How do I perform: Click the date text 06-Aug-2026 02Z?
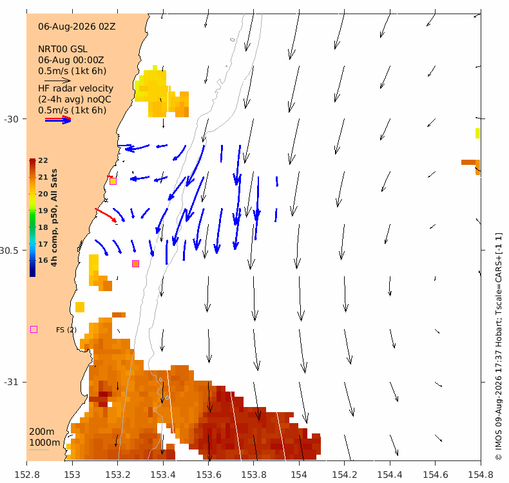tap(77, 26)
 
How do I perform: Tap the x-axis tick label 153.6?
tap(208, 475)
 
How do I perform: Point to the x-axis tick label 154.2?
tap(345, 475)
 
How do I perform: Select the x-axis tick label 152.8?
tap(27, 475)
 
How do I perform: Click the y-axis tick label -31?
tap(11, 382)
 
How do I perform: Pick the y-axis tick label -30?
tap(11, 119)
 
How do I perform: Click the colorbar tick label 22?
tap(43, 160)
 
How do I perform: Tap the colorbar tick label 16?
tap(43, 260)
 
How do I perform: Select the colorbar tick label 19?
tap(43, 211)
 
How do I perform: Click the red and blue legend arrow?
tap(58, 120)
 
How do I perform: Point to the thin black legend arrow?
tap(57, 80)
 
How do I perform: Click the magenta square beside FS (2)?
tap(34, 330)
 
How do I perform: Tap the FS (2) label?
tap(66, 330)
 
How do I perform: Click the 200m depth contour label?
tap(41, 431)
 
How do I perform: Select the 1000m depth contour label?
tap(44, 442)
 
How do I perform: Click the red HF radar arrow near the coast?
tap(106, 215)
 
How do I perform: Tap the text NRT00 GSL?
tap(62, 50)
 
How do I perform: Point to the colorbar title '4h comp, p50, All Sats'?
tap(54, 218)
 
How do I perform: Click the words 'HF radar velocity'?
tap(75, 89)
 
